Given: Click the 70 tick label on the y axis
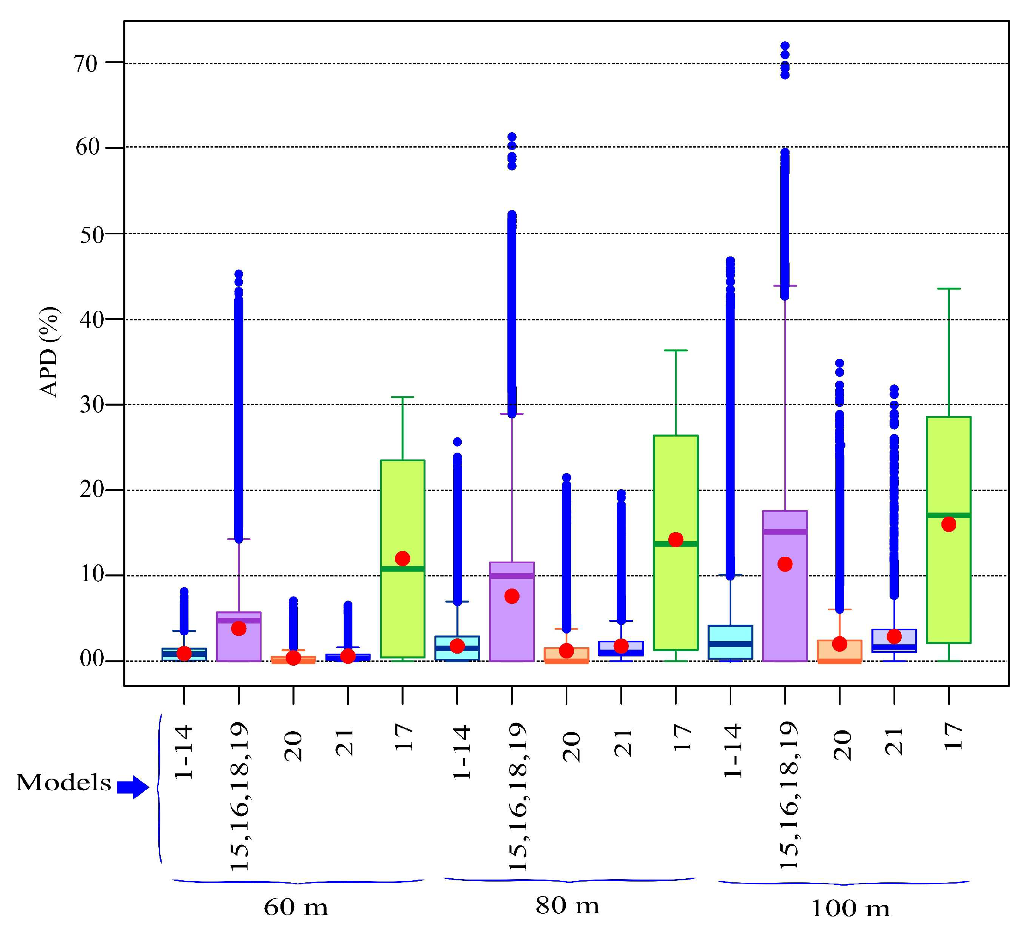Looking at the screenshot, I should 85,64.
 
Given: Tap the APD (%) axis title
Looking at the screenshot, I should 50,352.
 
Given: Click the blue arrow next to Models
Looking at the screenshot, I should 133,787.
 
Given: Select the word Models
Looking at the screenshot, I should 63,782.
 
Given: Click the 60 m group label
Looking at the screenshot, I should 296,906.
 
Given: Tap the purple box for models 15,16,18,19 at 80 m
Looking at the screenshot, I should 511,624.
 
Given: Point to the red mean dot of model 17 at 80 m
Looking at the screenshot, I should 675,539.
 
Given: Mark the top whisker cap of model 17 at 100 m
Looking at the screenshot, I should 948,288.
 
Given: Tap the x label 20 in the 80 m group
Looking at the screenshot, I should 571,746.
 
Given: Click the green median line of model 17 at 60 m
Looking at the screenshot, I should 402,568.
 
